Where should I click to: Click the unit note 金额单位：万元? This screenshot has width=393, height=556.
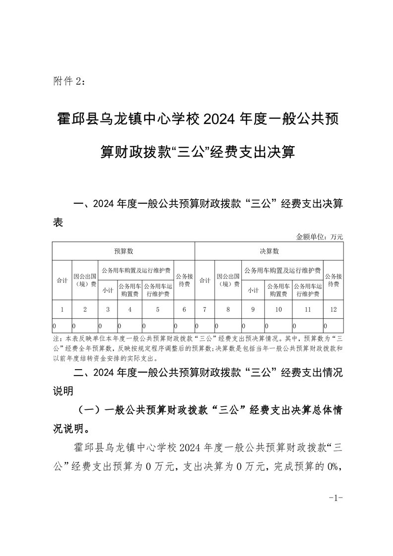(x=319, y=237)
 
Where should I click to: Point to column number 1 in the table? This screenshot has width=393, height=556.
(x=62, y=310)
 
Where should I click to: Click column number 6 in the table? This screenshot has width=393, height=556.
(x=184, y=310)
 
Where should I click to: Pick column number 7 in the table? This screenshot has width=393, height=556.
(x=205, y=310)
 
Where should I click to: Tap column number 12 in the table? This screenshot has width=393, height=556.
(x=333, y=310)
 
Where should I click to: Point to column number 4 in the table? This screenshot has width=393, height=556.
(x=129, y=310)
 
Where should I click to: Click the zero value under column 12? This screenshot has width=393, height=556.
(x=325, y=326)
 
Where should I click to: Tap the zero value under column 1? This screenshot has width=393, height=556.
(x=55, y=326)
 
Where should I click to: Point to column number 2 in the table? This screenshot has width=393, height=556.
(x=85, y=310)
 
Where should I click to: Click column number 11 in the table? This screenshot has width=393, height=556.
(x=307, y=310)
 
